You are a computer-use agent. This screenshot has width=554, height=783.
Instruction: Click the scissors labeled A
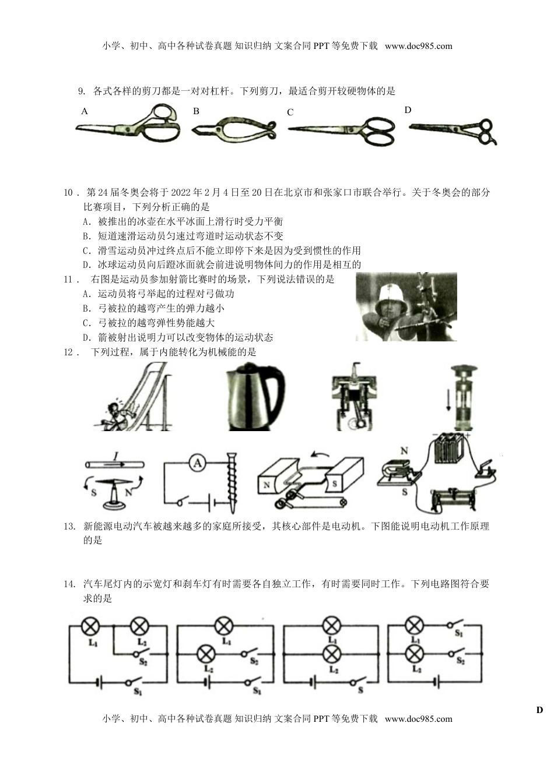coord(128,126)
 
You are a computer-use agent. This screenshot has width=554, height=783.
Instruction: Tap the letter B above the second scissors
coord(197,111)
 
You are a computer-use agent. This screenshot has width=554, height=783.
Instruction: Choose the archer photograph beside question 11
coord(406,306)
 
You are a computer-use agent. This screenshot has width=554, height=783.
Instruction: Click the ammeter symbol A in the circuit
coord(198,464)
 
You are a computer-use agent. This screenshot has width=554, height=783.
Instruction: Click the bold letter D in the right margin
coord(539,710)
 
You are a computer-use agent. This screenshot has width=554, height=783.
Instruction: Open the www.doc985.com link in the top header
coord(418,46)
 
